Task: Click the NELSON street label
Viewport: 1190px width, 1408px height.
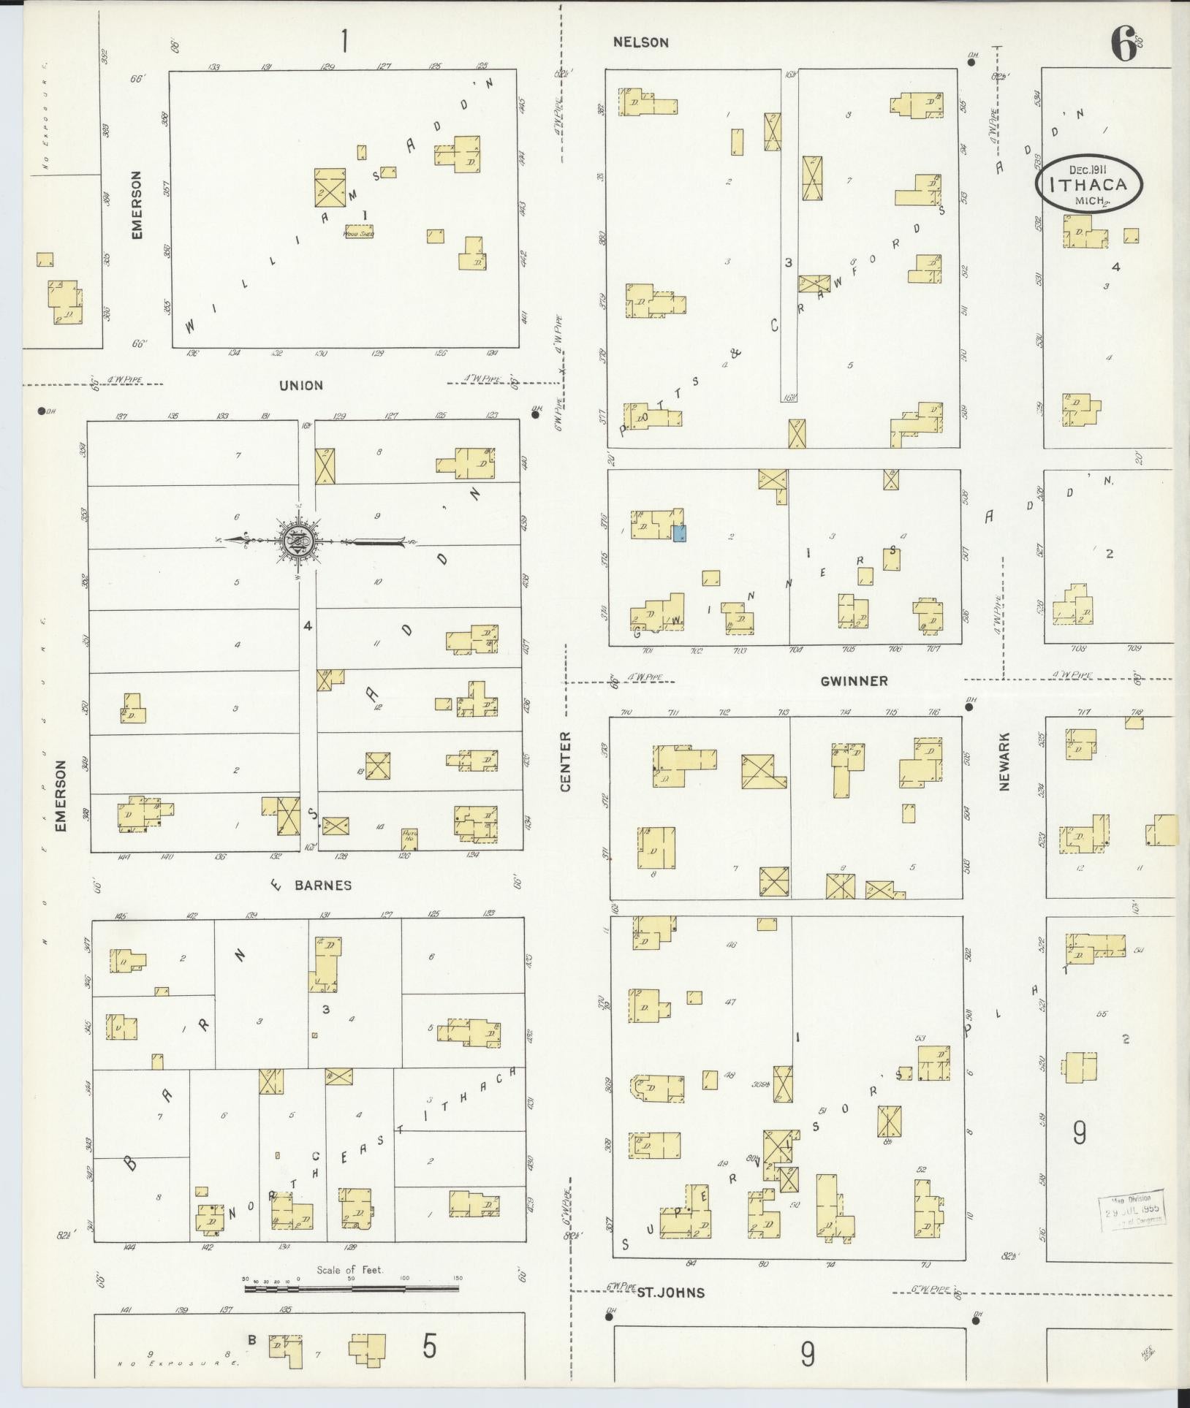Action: point(640,42)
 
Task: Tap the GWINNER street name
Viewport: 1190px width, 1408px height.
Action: point(854,681)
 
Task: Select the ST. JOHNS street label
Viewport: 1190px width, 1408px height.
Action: point(670,1293)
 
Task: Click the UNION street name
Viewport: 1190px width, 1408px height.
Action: point(300,385)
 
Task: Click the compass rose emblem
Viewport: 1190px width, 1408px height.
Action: point(300,541)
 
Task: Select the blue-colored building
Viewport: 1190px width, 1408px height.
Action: point(679,533)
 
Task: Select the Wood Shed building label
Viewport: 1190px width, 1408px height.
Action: point(360,233)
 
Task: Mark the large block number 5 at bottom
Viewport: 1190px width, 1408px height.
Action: point(429,1347)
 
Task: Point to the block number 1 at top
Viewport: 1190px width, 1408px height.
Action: point(344,42)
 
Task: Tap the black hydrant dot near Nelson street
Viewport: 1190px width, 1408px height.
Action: point(971,62)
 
